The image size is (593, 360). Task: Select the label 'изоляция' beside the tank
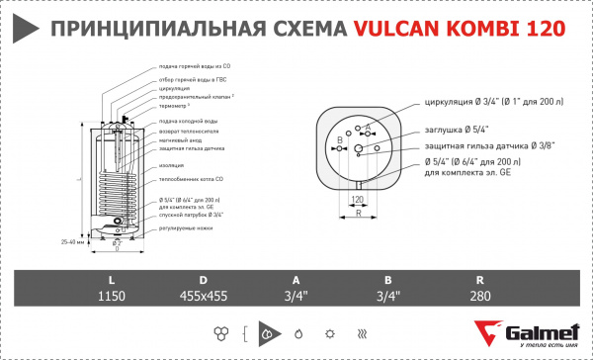(173, 165)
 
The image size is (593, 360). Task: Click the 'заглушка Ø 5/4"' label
(455, 128)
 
